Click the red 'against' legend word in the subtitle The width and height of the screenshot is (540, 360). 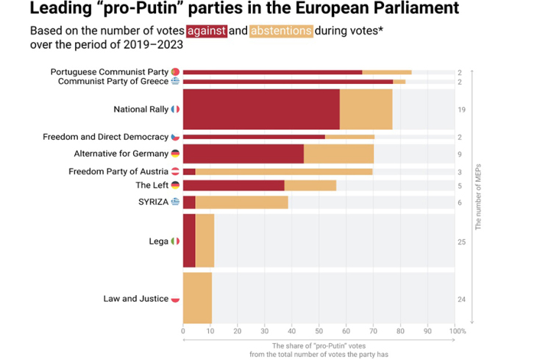(x=207, y=32)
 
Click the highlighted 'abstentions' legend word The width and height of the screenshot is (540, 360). (x=280, y=32)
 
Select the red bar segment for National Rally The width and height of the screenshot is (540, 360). (x=260, y=109)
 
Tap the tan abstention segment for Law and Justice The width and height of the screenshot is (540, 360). (x=197, y=298)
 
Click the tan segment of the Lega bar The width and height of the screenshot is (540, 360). (x=205, y=241)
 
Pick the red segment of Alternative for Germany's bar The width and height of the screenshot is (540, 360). (x=243, y=154)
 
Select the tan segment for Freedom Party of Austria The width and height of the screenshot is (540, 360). (x=283, y=172)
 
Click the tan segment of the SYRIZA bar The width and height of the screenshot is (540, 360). (x=241, y=202)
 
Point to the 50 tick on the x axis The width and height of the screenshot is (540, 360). (x=319, y=331)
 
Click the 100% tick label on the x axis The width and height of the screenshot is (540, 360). (x=458, y=331)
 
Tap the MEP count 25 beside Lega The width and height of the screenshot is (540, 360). (x=460, y=241)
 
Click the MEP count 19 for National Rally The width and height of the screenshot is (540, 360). (x=460, y=110)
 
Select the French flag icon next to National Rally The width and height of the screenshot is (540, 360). (x=175, y=110)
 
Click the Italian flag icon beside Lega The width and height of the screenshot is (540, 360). (x=175, y=241)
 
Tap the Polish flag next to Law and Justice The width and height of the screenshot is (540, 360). (x=175, y=299)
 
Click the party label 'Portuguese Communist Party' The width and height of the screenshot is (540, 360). (x=110, y=71)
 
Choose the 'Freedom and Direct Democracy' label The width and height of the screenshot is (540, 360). (x=106, y=136)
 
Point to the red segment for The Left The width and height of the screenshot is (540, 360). (x=233, y=186)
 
